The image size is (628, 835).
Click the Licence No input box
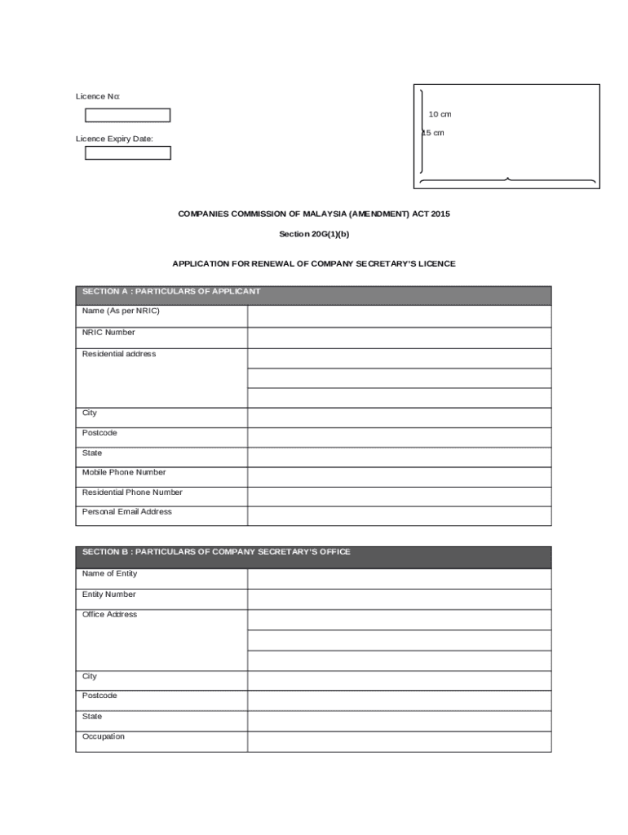[x=127, y=115]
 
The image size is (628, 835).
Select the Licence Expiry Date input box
[x=127, y=152]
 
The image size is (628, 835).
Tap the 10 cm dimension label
[x=440, y=114]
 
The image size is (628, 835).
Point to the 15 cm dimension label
[x=433, y=133]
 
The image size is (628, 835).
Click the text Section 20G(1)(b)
[x=314, y=234]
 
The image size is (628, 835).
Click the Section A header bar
[x=313, y=294]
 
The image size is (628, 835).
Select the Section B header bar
[x=313, y=556]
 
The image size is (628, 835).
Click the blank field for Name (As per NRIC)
[x=399, y=316]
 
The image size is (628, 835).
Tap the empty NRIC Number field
[x=399, y=337]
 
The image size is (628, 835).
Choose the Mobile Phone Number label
[x=123, y=473]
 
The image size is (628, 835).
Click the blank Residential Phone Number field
[x=399, y=496]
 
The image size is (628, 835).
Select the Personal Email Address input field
[x=399, y=515]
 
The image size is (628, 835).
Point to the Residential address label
[x=119, y=354]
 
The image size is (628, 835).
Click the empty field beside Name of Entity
[x=399, y=578]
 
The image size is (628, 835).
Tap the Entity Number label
[x=109, y=594]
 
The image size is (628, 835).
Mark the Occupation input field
[x=399, y=741]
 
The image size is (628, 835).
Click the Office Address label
[x=109, y=615]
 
